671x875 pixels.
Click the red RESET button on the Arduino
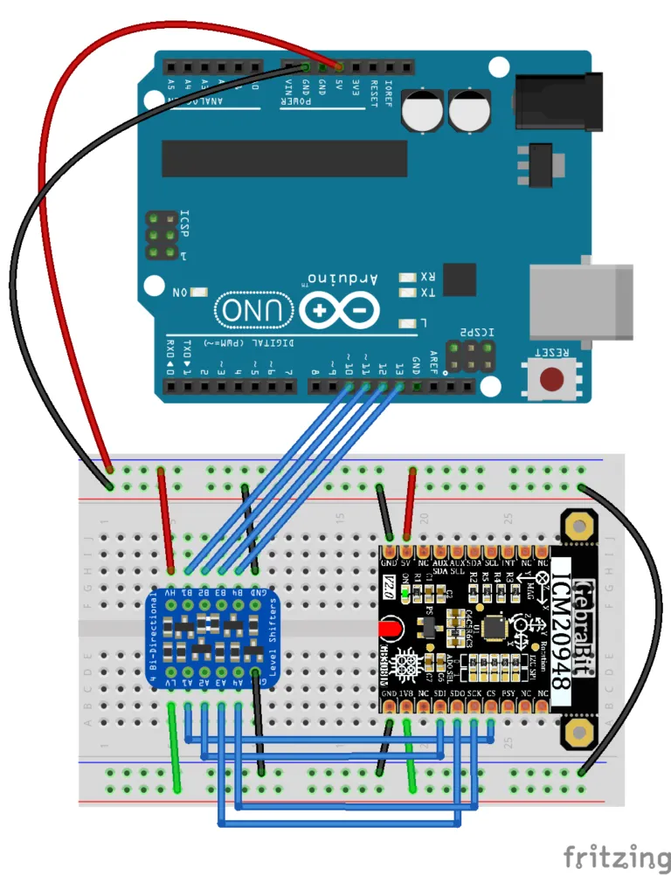[551, 380]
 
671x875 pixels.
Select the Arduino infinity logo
[339, 310]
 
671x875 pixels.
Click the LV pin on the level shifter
[171, 679]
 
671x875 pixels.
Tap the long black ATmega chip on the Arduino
[284, 158]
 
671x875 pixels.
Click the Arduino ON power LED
[199, 294]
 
